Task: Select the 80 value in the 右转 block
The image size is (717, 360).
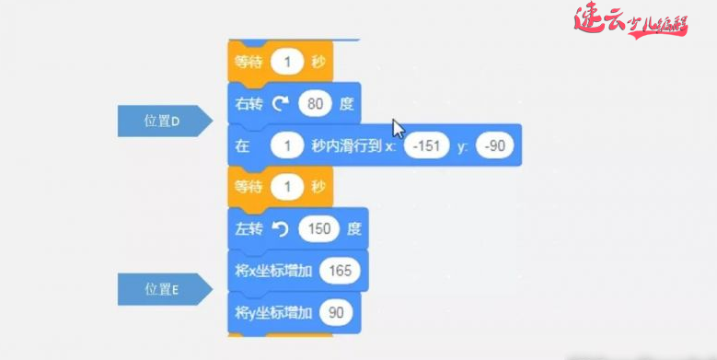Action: coord(315,103)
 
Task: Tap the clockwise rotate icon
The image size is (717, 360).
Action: coord(280,103)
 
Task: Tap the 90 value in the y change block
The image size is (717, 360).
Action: coord(336,313)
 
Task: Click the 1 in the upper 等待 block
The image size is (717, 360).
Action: coord(289,63)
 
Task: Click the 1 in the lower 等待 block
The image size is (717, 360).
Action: coord(289,187)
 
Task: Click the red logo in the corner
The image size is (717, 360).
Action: coord(630,20)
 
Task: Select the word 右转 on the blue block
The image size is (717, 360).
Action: coord(247,103)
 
